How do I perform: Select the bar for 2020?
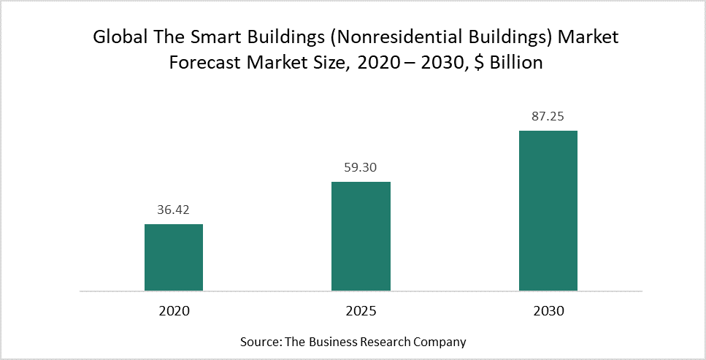(x=174, y=257)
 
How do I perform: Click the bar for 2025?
(x=361, y=236)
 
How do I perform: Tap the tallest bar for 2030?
(x=548, y=210)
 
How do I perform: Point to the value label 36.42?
(x=174, y=210)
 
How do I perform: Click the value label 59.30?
(x=361, y=167)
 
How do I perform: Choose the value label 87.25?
(x=548, y=116)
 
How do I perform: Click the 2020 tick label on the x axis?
(x=174, y=310)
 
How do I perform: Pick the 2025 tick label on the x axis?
(x=361, y=310)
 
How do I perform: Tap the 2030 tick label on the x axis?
(x=548, y=310)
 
